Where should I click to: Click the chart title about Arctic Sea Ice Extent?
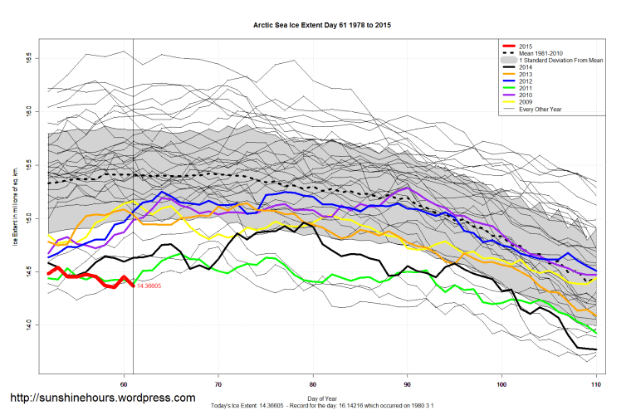click(x=322, y=26)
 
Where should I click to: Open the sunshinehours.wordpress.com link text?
click(x=102, y=398)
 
